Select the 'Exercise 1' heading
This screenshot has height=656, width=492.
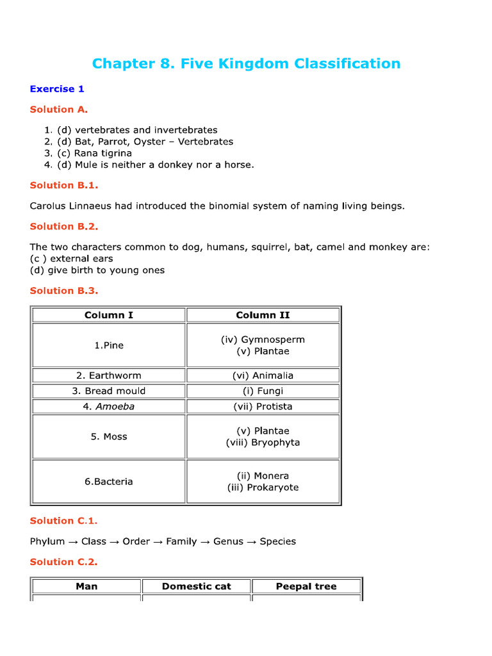57,89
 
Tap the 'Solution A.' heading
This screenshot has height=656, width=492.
59,110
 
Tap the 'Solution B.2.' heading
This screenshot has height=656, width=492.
64,226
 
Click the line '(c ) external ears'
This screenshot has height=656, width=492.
71,258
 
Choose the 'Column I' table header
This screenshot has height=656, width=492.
109,315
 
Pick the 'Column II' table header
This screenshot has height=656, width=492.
263,315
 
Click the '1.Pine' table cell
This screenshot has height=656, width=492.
109,345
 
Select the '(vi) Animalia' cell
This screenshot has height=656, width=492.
263,375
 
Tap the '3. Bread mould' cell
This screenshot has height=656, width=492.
109,391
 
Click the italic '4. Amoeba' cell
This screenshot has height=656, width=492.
109,406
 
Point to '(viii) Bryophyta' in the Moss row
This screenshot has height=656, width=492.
263,443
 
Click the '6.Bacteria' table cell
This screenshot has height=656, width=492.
109,481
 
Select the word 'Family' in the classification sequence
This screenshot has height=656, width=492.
181,541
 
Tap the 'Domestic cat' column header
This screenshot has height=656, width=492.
197,586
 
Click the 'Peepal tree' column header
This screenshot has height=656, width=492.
306,586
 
